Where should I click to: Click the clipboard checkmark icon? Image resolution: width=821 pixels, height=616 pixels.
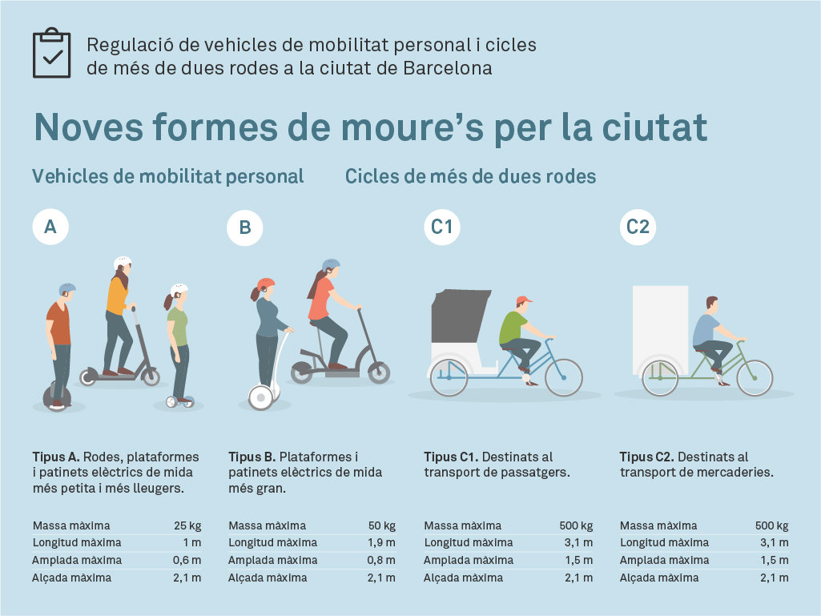52,54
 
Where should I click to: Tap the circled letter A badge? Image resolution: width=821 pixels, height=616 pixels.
50,227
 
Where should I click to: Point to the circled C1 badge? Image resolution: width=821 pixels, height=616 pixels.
441,227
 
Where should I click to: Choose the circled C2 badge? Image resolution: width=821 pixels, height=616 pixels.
638,227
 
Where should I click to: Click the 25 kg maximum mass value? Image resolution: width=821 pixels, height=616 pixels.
187,526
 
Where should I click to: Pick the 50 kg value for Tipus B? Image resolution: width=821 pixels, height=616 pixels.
382,526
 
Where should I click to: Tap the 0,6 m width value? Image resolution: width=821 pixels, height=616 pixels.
187,560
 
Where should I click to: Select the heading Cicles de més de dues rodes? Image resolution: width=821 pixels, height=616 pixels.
471,176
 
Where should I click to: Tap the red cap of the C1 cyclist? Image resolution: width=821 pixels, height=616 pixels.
523,300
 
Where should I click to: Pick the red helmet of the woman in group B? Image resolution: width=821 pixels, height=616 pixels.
266,284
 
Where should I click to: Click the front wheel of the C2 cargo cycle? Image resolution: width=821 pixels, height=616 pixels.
754,378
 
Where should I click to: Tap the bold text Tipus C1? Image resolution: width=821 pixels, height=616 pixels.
451,457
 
